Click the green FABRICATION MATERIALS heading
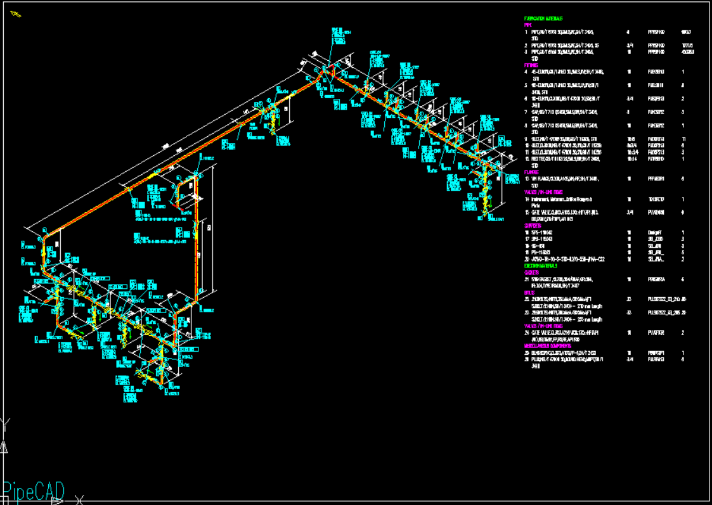pyautogui.click(x=543, y=19)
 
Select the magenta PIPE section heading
pyautogui.click(x=528, y=25)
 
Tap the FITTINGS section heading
pyautogui.click(x=531, y=65)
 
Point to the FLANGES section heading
pyautogui.click(x=531, y=172)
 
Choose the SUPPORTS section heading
pyautogui.click(x=533, y=226)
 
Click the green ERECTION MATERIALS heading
pyautogui.click(x=540, y=266)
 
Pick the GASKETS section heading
pyautogui.click(x=531, y=272)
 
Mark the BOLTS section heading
pyautogui.click(x=529, y=293)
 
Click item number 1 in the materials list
pyautogui.click(x=526, y=32)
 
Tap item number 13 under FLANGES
pyautogui.click(x=527, y=179)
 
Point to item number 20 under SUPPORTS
pyautogui.click(x=527, y=259)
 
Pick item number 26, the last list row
pyautogui.click(x=527, y=359)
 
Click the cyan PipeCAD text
pyautogui.click(x=33, y=491)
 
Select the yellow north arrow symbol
pyautogui.click(x=15, y=13)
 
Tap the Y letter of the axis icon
pyautogui.click(x=5, y=423)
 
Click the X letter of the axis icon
pyautogui.click(x=79, y=501)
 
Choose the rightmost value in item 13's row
pyautogui.click(x=683, y=179)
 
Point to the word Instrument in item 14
pyautogui.click(x=542, y=199)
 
